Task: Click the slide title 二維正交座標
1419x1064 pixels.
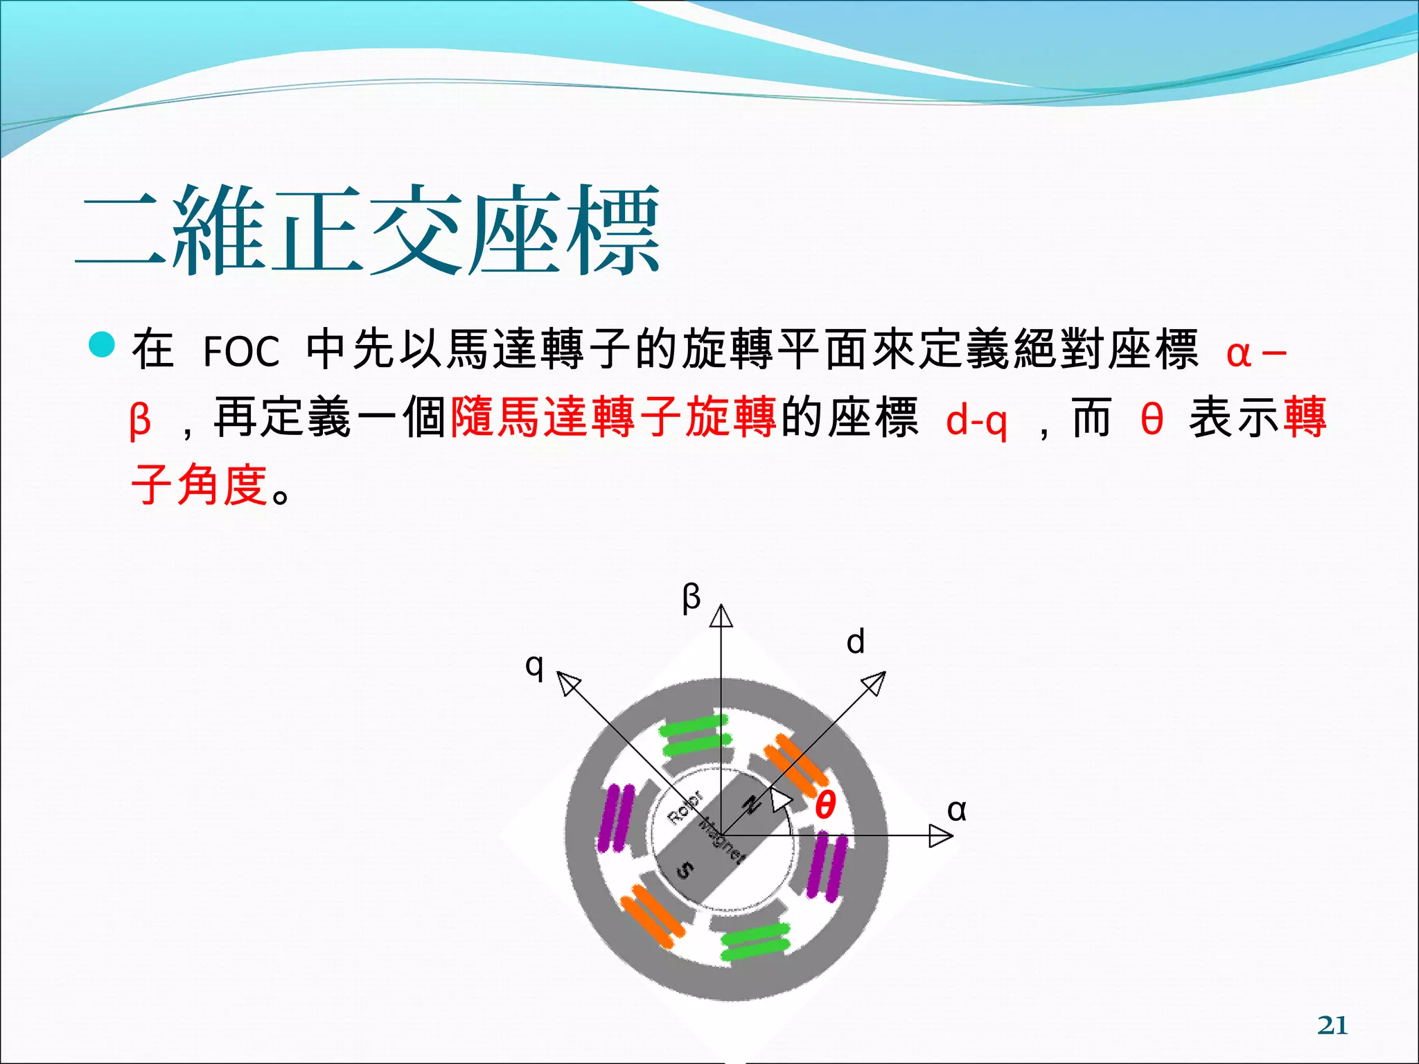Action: click(367, 230)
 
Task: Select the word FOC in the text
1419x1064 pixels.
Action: click(241, 351)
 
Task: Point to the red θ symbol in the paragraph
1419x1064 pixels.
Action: click(1152, 419)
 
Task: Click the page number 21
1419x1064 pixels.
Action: click(1332, 1025)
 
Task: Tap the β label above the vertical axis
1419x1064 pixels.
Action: click(691, 597)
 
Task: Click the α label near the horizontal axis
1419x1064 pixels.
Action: click(956, 809)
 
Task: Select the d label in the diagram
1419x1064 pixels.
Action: click(856, 641)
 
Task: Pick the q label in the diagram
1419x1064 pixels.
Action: click(534, 666)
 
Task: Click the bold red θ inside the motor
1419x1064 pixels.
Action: click(825, 805)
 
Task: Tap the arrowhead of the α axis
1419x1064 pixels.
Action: click(941, 835)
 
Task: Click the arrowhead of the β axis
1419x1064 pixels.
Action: click(721, 615)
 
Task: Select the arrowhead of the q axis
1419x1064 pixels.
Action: click(568, 683)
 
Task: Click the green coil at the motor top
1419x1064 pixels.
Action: click(694, 736)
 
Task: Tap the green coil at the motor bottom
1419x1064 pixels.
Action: click(755, 941)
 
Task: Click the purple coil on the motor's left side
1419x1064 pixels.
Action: click(616, 817)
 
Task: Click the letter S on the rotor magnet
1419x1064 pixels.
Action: click(685, 869)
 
